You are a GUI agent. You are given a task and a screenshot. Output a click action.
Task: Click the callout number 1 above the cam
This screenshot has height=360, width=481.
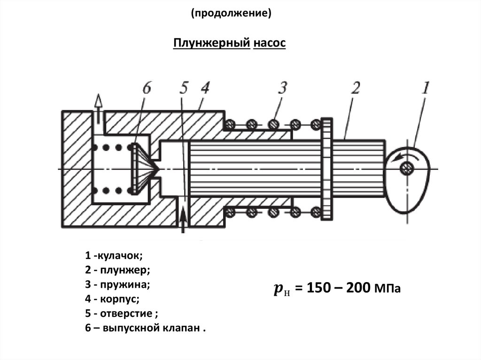coord(426,89)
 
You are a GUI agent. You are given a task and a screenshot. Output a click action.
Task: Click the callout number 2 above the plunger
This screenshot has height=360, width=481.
coord(356,88)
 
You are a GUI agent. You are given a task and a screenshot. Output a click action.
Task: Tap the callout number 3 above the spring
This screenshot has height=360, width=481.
coord(281,88)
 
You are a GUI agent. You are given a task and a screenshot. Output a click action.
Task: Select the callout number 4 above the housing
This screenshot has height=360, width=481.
coord(205,88)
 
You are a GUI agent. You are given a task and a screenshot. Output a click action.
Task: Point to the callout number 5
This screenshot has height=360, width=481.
coord(184,88)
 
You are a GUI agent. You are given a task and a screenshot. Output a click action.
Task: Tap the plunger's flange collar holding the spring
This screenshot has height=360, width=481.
coord(327,169)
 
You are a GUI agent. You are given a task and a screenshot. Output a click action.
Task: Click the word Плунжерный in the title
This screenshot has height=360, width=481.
coord(211,44)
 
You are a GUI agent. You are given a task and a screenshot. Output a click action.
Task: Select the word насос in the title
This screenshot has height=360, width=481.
coord(269,44)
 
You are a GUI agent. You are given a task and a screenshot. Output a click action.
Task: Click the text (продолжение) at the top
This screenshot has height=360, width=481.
coord(231,14)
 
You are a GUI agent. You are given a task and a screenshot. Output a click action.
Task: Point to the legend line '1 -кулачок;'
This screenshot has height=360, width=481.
coord(114,256)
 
